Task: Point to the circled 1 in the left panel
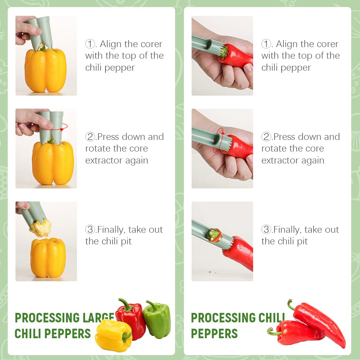coord(90,44)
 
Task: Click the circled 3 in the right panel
coord(266,230)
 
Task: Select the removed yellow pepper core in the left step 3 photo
coord(40,228)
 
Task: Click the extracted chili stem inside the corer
coord(214,235)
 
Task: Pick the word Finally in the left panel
coord(111,230)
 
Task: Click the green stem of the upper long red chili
coord(291,304)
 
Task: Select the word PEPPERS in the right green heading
coord(214,333)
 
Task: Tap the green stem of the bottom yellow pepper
coord(126,337)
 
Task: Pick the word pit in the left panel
coord(126,242)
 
